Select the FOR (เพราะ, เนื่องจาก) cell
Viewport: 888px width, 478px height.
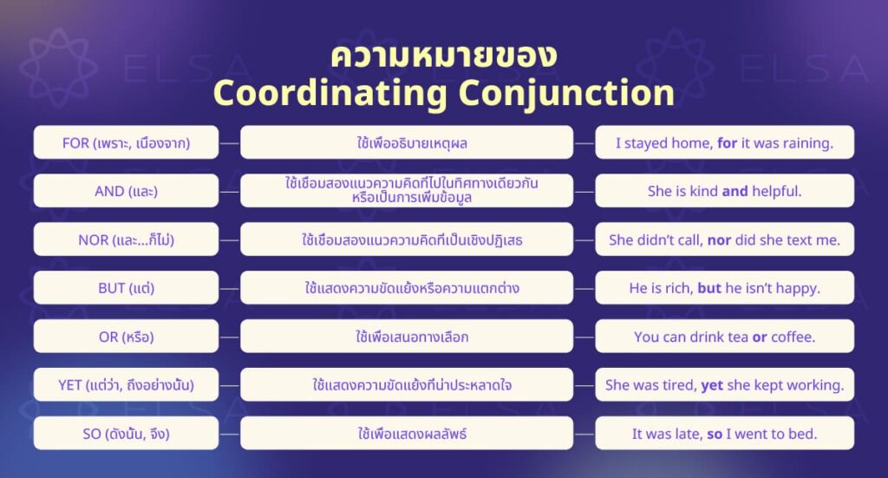[x=126, y=142]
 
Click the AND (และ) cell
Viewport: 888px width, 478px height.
[x=126, y=191]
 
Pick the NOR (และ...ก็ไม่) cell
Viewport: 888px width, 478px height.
[x=126, y=239]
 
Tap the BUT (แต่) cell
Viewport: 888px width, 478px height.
[x=126, y=288]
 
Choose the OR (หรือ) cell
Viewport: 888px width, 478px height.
[x=126, y=337]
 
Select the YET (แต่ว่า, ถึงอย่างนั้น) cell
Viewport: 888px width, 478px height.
[x=126, y=384]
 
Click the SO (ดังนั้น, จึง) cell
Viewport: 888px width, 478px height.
[x=126, y=433]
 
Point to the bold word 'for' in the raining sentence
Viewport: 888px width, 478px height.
[x=728, y=143]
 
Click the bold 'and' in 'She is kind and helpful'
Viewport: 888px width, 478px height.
[x=735, y=192]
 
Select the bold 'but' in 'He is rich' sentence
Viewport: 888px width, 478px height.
[x=709, y=288]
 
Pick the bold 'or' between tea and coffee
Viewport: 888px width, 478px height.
[x=759, y=337]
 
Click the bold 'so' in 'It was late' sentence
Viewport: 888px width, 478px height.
[x=715, y=433]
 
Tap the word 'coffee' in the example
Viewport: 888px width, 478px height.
[x=793, y=337]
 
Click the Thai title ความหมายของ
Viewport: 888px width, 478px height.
[x=443, y=54]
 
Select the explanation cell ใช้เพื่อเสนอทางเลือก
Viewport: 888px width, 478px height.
[x=407, y=337]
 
